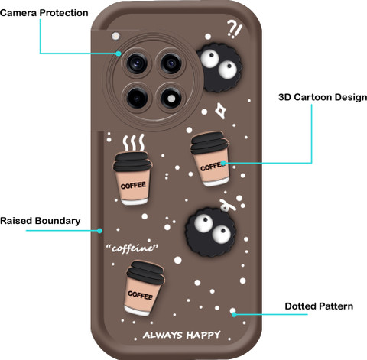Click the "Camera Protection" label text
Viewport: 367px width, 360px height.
pyautogui.click(x=44, y=13)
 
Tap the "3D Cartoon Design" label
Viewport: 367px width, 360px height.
pyautogui.click(x=323, y=97)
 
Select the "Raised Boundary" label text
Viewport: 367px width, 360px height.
pyautogui.click(x=41, y=221)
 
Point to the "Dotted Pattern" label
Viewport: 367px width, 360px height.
pyautogui.click(x=319, y=306)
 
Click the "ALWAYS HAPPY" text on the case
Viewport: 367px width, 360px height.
pyautogui.click(x=181, y=335)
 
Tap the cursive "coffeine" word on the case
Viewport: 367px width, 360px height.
pyautogui.click(x=132, y=248)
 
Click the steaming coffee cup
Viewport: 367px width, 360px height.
pyautogui.click(x=133, y=178)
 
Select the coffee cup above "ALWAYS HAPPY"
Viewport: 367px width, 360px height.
pyautogui.click(x=145, y=288)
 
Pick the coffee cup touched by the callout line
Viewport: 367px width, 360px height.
pyautogui.click(x=210, y=158)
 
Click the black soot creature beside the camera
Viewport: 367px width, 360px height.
pyautogui.click(x=219, y=67)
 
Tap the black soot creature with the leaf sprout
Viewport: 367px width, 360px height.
pyautogui.click(x=210, y=232)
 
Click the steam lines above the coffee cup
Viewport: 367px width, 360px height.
pyautogui.click(x=134, y=143)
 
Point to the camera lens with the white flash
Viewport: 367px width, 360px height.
pyautogui.click(x=171, y=98)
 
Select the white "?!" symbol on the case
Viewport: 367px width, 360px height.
pyautogui.click(x=234, y=28)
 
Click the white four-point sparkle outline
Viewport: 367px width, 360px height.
pyautogui.click(x=220, y=111)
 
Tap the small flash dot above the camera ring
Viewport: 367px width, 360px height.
pyautogui.click(x=115, y=36)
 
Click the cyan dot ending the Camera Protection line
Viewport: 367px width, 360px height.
pyautogui.click(x=119, y=54)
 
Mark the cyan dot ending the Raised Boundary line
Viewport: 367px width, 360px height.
pyautogui.click(x=99, y=231)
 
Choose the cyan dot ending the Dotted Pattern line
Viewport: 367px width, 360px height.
pyautogui.click(x=234, y=314)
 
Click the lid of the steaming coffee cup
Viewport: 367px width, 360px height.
pyautogui.click(x=133, y=161)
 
